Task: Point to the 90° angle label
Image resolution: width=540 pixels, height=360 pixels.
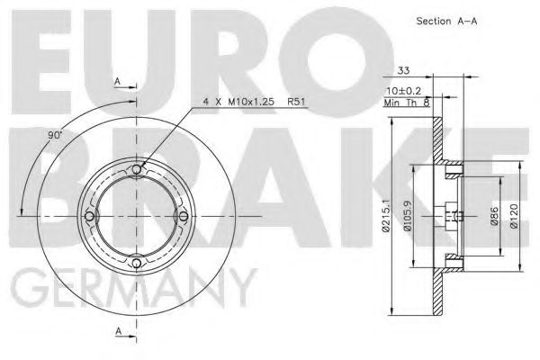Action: pos(54,134)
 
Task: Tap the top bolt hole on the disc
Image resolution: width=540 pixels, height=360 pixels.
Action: pos(136,171)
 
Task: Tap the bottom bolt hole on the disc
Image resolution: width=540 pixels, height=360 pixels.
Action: pos(136,262)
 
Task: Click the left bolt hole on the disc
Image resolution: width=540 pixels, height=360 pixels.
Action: pos(90,216)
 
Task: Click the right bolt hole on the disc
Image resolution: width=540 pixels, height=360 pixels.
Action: pos(182,216)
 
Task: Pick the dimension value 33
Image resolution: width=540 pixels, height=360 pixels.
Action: pos(403,69)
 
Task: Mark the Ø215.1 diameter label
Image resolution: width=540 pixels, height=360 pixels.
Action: pos(384,216)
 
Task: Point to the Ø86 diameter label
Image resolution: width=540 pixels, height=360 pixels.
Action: pos(493,217)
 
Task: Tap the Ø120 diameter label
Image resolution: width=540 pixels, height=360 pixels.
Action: pos(513,217)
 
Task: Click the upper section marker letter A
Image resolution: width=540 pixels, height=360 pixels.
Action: pos(118,81)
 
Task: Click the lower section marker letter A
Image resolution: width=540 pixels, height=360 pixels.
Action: pos(118,331)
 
